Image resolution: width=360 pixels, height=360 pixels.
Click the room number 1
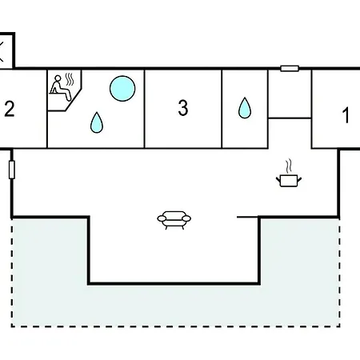[x=346, y=115]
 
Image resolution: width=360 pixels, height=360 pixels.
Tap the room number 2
[x=10, y=109]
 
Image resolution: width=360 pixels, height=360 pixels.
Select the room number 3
[x=183, y=108]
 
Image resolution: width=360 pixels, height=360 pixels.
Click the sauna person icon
[x=61, y=88]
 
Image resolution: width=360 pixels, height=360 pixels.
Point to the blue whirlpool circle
[x=122, y=89]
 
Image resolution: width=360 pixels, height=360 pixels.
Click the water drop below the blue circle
[x=97, y=122]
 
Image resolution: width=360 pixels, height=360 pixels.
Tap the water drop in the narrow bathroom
[x=245, y=108]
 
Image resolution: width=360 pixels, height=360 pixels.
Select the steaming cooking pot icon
[x=289, y=173]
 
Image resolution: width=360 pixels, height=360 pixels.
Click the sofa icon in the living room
[x=174, y=220]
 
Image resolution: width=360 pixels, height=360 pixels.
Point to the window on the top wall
[x=290, y=69]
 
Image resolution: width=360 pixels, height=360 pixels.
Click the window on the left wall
[x=12, y=170]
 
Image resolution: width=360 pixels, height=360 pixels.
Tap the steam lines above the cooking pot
[x=289, y=166]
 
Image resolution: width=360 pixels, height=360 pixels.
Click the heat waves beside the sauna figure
[x=70, y=79]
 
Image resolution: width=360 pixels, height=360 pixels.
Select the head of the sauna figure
[x=58, y=78]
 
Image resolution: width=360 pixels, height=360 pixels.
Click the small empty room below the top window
[x=290, y=94]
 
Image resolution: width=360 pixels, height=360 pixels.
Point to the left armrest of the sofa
[x=162, y=218]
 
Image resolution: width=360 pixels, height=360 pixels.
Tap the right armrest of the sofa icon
[x=186, y=218]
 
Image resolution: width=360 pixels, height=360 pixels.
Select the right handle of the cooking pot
[x=299, y=180]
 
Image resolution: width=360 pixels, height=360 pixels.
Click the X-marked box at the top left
[x=6, y=50]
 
